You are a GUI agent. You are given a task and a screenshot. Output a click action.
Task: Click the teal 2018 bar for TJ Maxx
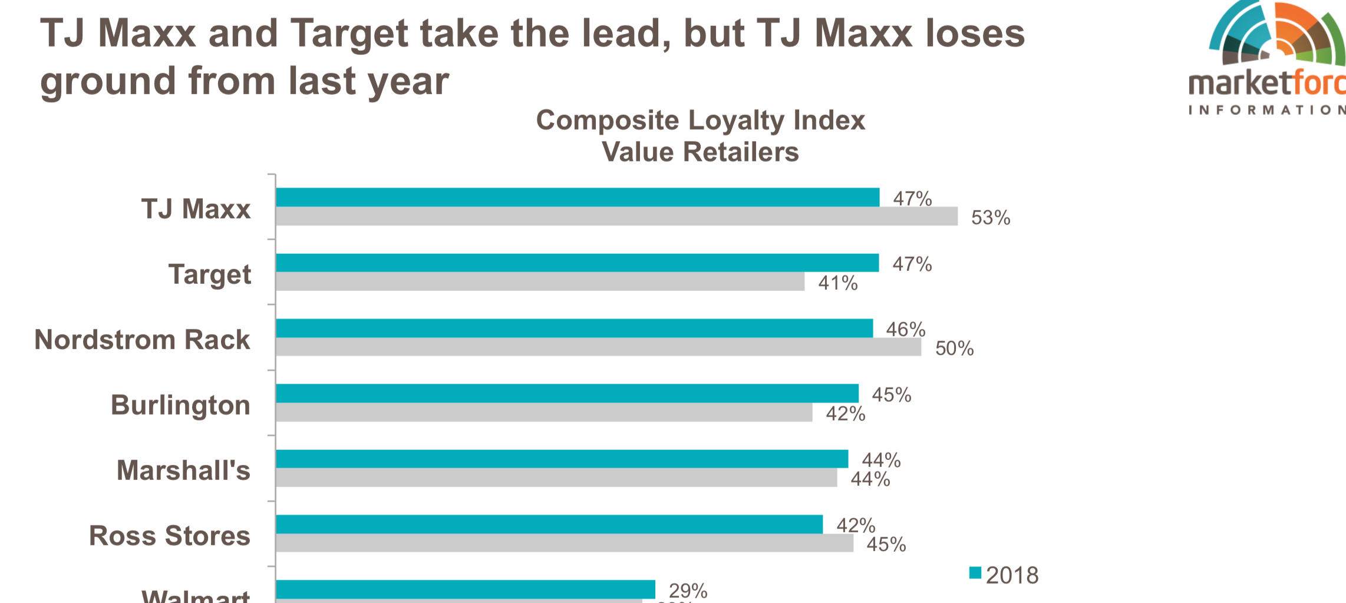tap(578, 197)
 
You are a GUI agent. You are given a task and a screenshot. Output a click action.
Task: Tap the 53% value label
tap(990, 218)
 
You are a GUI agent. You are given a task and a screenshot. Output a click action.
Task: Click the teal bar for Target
tap(578, 263)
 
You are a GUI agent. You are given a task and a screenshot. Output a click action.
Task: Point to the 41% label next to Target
tap(837, 283)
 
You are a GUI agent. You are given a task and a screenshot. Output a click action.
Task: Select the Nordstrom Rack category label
tap(142, 340)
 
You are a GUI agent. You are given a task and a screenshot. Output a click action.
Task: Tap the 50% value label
tap(954, 349)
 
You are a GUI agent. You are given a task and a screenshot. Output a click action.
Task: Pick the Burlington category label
tap(180, 405)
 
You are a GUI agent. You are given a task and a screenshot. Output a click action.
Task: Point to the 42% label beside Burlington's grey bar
tap(845, 414)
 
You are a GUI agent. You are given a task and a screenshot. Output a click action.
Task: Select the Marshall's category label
tap(183, 471)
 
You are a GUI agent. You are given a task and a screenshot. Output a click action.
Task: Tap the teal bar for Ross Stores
tap(549, 524)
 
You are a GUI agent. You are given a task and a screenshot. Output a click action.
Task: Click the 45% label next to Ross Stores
tap(886, 545)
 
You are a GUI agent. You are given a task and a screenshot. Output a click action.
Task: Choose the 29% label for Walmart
tap(688, 590)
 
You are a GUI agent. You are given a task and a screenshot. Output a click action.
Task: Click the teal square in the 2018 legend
tap(975, 573)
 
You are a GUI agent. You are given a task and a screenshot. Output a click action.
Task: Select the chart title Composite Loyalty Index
tap(700, 121)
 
